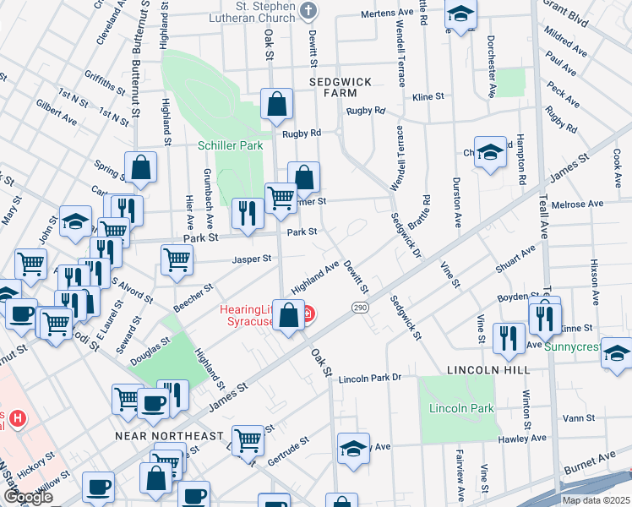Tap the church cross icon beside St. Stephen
(x=308, y=11)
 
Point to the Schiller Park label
(x=230, y=145)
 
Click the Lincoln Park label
(x=461, y=409)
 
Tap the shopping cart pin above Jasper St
(x=176, y=259)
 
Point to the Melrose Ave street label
(x=577, y=204)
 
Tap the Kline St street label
(x=428, y=97)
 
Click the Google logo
(x=27, y=497)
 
